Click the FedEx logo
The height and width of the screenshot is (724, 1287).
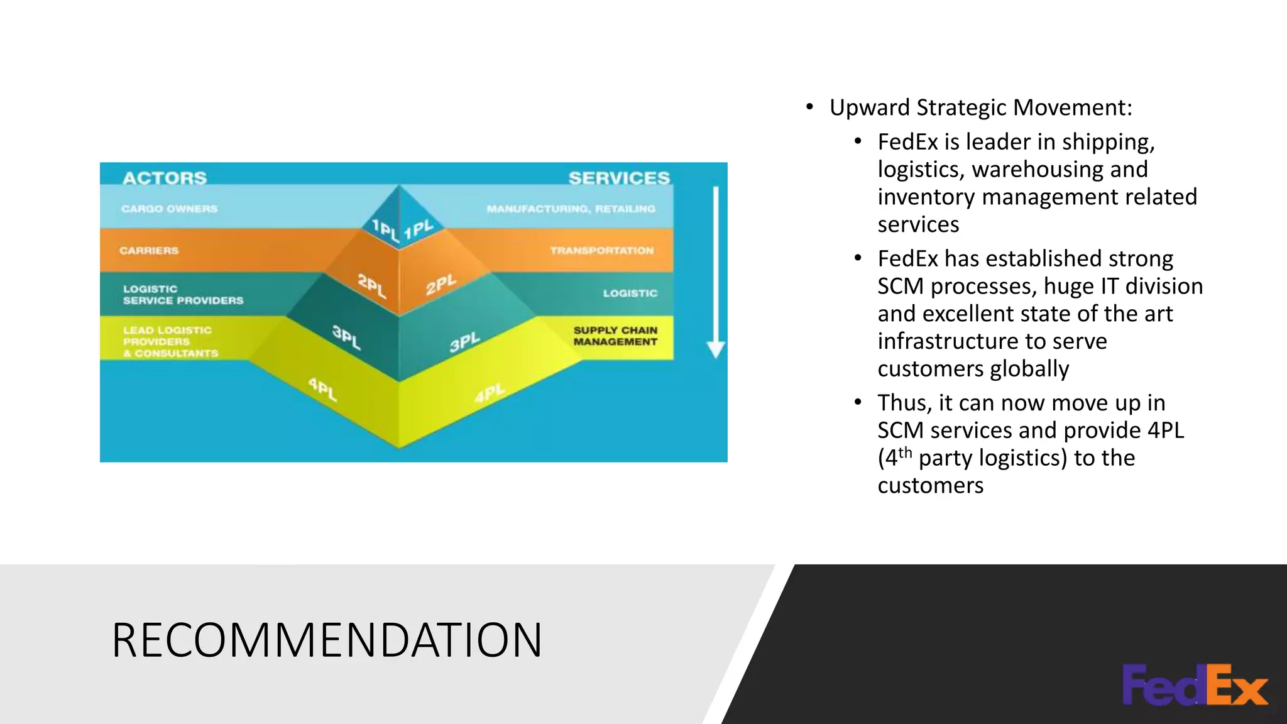[1195, 684]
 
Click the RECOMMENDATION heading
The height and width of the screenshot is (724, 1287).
[327, 640]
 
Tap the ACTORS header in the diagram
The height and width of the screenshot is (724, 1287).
[165, 178]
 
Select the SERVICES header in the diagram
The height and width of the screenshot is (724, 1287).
[619, 178]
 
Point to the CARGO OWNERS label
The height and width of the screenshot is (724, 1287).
[169, 209]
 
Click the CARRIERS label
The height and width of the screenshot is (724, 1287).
[149, 250]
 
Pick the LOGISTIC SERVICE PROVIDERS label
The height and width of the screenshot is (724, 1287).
[183, 295]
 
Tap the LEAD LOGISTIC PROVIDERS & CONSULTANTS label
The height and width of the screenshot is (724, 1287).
[170, 342]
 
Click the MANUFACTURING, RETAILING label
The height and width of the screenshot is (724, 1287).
[571, 209]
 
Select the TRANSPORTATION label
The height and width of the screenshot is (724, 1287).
[601, 250]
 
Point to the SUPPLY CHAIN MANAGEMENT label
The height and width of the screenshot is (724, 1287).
[615, 336]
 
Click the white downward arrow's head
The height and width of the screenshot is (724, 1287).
[716, 348]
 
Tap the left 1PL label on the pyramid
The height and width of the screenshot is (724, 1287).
[385, 230]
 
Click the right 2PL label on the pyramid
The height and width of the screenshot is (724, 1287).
[441, 285]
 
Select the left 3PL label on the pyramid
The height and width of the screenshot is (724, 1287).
[346, 337]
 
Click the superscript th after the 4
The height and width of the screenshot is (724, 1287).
[905, 452]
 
